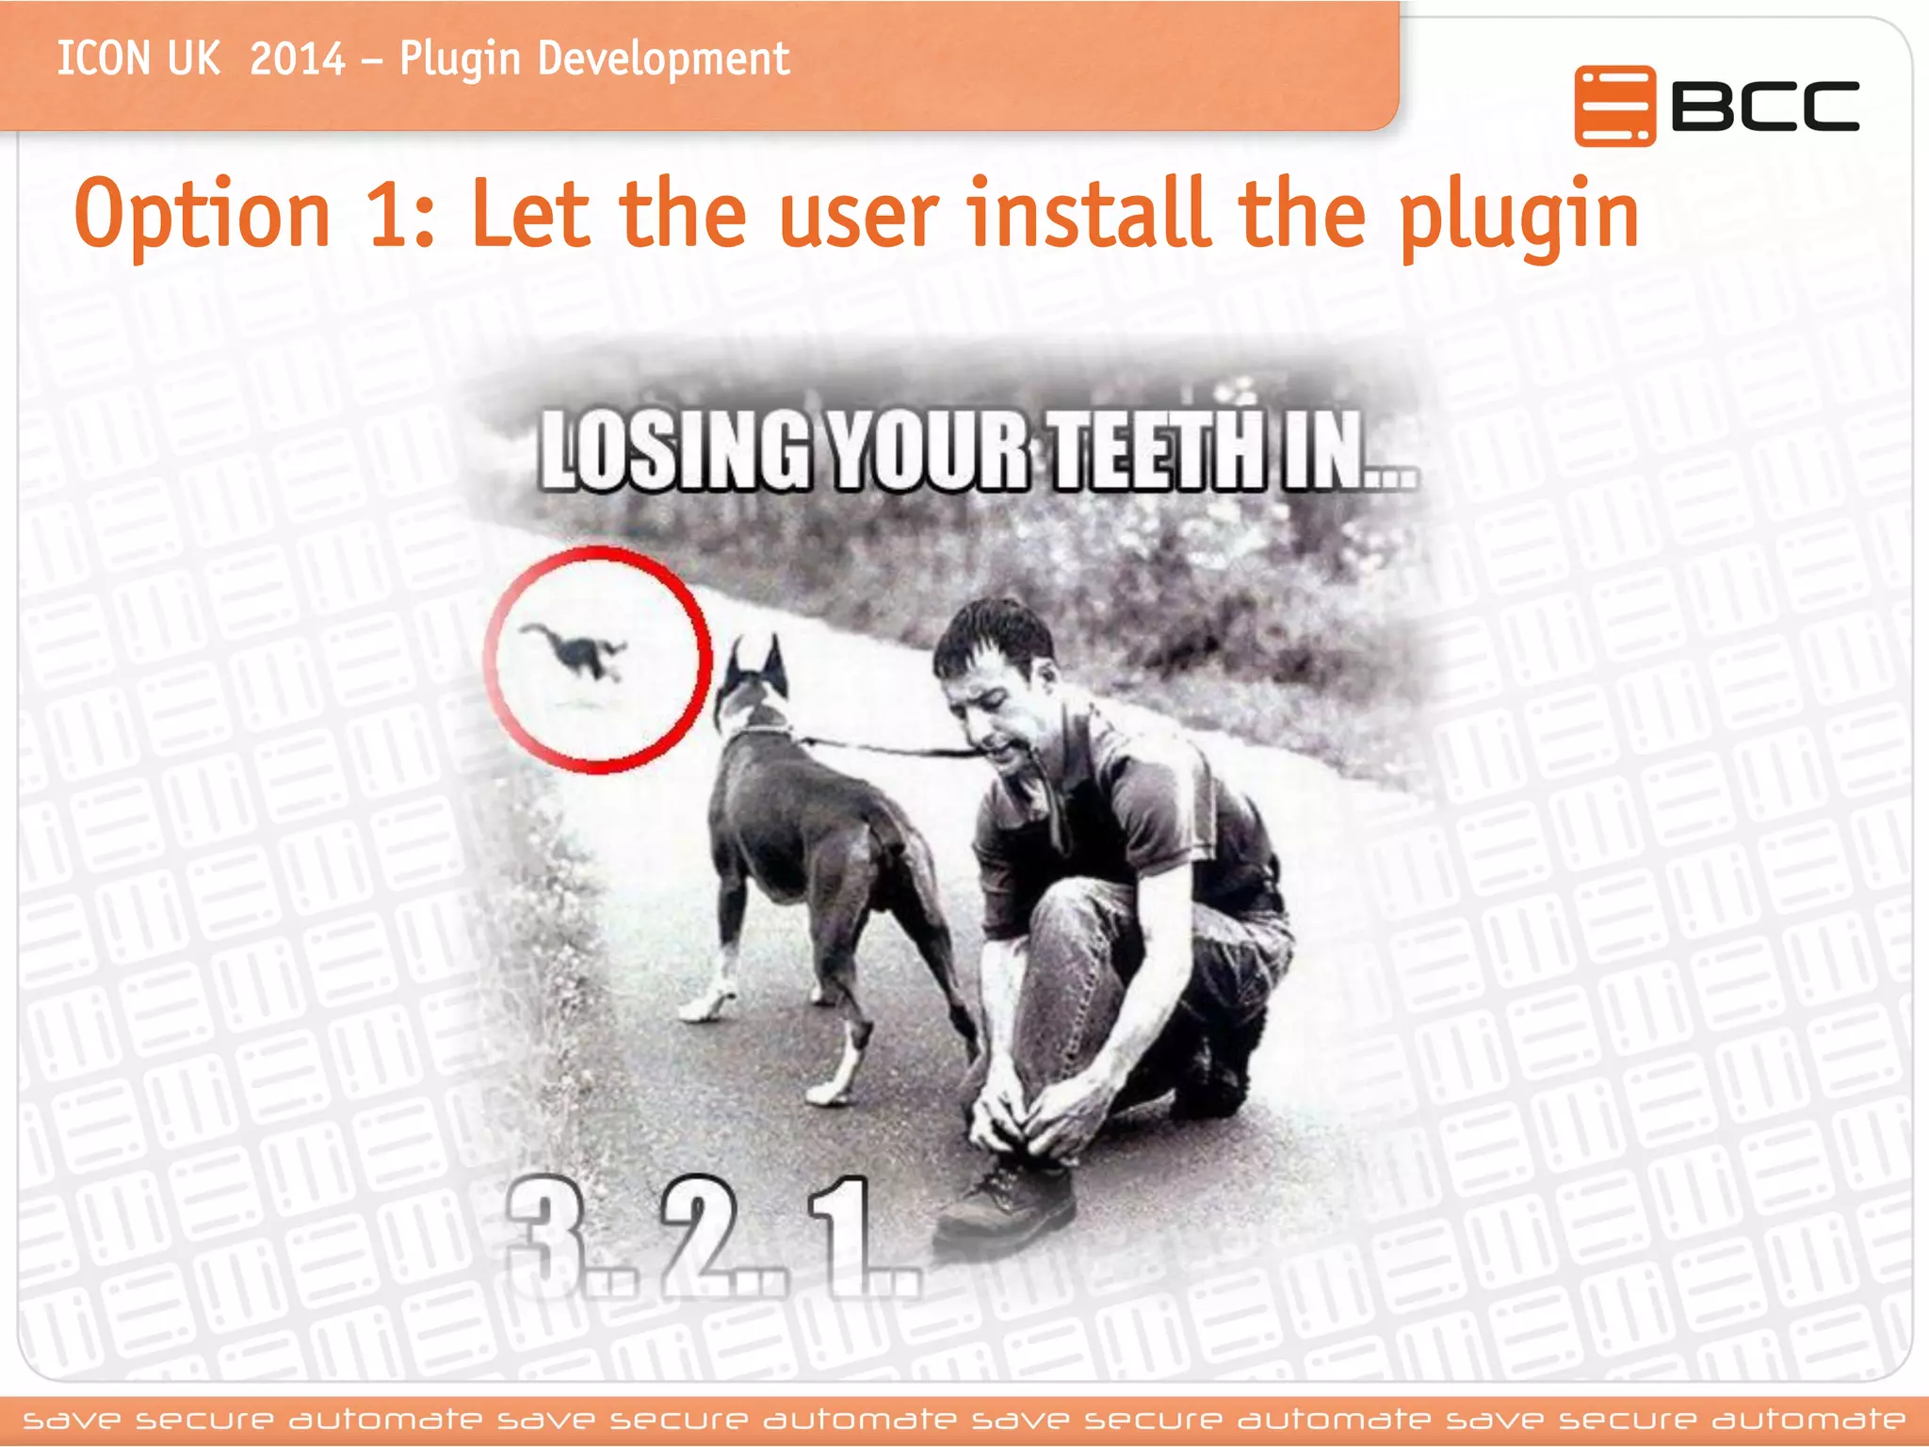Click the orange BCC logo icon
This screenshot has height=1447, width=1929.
(x=1614, y=106)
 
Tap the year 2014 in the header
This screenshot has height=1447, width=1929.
(x=298, y=59)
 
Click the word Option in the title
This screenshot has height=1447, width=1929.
(x=203, y=215)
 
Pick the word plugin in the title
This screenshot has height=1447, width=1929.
(x=1518, y=219)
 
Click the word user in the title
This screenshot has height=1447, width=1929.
(x=858, y=219)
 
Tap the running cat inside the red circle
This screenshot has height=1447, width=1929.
(x=577, y=651)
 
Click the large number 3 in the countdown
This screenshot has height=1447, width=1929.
(x=542, y=1234)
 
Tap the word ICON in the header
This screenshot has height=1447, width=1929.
(x=103, y=59)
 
